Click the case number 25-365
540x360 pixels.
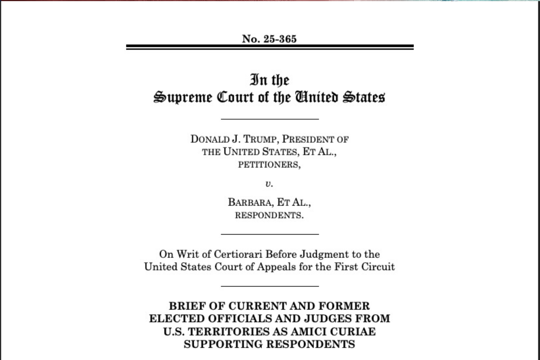280,39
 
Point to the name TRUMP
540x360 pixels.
260,139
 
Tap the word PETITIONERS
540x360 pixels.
269,165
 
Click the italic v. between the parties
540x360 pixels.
269,184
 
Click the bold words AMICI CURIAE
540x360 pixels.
333,332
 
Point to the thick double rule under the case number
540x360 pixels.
270,47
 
